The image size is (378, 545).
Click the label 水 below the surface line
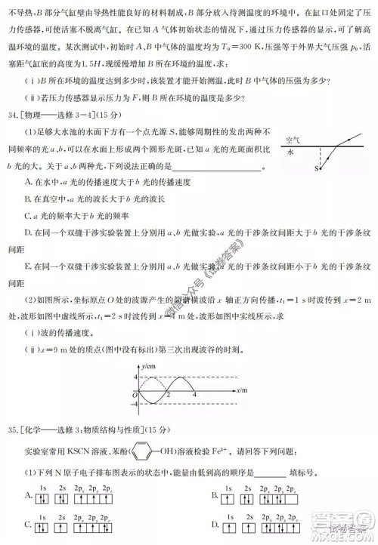291,152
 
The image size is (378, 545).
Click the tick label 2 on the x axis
169,395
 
